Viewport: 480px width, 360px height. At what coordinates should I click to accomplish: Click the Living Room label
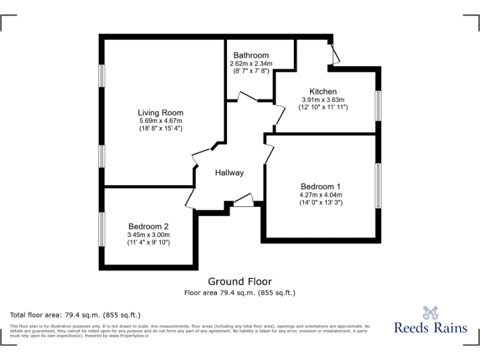(x=161, y=112)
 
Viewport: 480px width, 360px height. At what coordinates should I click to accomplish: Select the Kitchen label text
(x=323, y=91)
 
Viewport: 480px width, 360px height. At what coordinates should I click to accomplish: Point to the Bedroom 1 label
(x=321, y=186)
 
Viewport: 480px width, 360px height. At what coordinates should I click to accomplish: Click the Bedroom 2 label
(x=149, y=226)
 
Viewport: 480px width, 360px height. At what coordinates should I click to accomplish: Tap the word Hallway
(x=229, y=172)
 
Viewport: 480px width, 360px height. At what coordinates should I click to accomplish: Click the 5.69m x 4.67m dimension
(x=161, y=121)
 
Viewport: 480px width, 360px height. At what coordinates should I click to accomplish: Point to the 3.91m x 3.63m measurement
(x=323, y=99)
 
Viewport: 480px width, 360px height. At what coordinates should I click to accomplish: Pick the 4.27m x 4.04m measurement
(x=321, y=194)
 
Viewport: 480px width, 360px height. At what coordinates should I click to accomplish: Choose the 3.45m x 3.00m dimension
(x=149, y=234)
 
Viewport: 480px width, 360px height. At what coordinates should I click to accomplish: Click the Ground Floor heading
(x=240, y=282)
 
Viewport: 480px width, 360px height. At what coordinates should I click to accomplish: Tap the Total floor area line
(x=76, y=314)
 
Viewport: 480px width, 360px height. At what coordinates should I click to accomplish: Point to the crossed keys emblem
(x=431, y=312)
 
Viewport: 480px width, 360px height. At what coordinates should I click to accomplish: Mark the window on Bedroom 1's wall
(x=377, y=186)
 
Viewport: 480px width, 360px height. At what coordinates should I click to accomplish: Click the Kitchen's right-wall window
(x=377, y=106)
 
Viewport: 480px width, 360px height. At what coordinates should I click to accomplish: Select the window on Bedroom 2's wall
(x=101, y=229)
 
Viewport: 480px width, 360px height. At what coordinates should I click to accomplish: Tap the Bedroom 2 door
(x=190, y=199)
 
